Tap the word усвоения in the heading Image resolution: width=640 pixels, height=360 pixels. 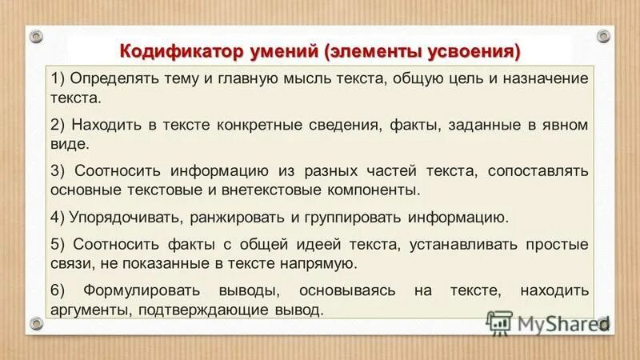click(469, 51)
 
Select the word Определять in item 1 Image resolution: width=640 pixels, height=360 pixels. click(108, 78)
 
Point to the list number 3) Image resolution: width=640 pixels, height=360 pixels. click(58, 170)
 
